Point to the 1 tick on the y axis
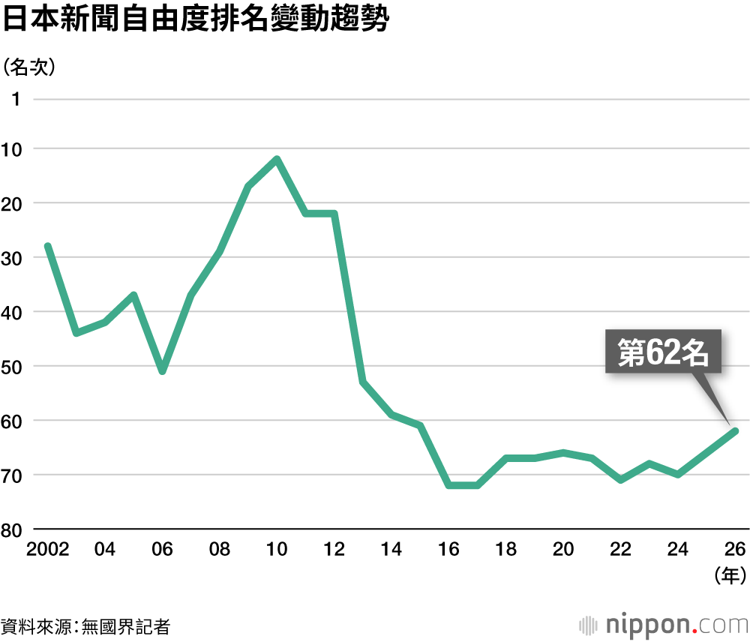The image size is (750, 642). coord(16,100)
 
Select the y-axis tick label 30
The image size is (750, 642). coord(11,258)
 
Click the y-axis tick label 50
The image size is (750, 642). coord(11,367)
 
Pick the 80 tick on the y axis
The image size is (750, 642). coord(11,530)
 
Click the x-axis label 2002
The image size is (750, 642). coord(47,549)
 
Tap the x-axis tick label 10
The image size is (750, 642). coord(277,549)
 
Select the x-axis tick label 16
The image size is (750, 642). coord(448,549)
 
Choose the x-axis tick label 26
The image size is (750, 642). coord(735,549)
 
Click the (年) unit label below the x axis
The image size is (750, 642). coord(730,575)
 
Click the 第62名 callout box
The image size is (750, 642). coord(663,352)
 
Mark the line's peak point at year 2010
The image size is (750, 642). coord(277,159)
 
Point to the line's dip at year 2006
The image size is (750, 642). coord(163,371)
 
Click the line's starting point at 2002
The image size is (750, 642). coord(48,246)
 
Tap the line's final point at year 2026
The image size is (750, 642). coord(736,431)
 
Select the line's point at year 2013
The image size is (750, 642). coord(362,382)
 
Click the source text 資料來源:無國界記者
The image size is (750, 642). coord(85,627)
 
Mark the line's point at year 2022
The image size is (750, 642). coord(621,480)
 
